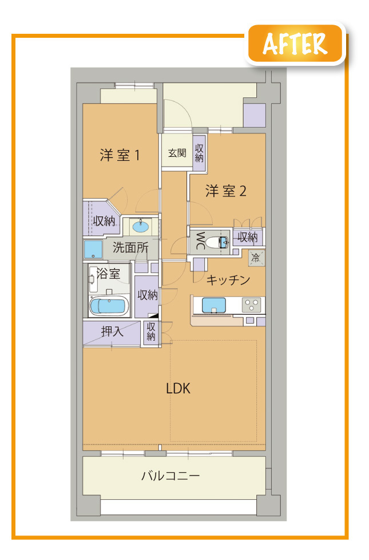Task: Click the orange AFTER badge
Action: click(x=295, y=44)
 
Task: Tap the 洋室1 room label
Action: click(x=120, y=155)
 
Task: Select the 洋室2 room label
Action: click(x=226, y=191)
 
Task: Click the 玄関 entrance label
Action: click(x=177, y=153)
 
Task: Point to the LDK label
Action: click(x=178, y=388)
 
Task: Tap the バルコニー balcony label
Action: click(x=171, y=476)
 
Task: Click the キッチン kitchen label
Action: click(x=228, y=280)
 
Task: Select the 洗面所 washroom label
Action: click(x=130, y=247)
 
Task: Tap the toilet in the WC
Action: click(x=217, y=243)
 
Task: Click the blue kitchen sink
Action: click(x=214, y=305)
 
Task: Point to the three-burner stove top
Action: click(x=252, y=305)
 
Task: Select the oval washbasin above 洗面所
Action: click(x=141, y=226)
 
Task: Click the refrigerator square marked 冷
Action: click(x=257, y=258)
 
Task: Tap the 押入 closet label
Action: click(x=112, y=332)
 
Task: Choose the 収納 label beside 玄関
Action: click(x=199, y=153)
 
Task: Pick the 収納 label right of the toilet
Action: click(x=247, y=237)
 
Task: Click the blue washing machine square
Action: click(x=93, y=249)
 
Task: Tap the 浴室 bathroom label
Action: click(x=109, y=274)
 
